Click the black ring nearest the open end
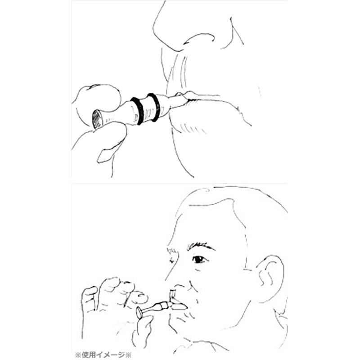pyautogui.click(x=137, y=111)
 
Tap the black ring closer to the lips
pyautogui.click(x=154, y=107)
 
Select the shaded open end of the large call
pyautogui.click(x=97, y=119)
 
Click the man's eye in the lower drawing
pyautogui.click(x=199, y=260)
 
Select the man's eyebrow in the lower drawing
pyautogui.click(x=200, y=247)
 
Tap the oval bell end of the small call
pyautogui.click(x=139, y=313)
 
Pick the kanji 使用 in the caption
pyautogui.click(x=89, y=355)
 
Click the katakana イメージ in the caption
pyautogui.click(x=110, y=355)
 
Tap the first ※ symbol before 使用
pyautogui.click(x=78, y=355)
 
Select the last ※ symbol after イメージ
pyautogui.click(x=129, y=355)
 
